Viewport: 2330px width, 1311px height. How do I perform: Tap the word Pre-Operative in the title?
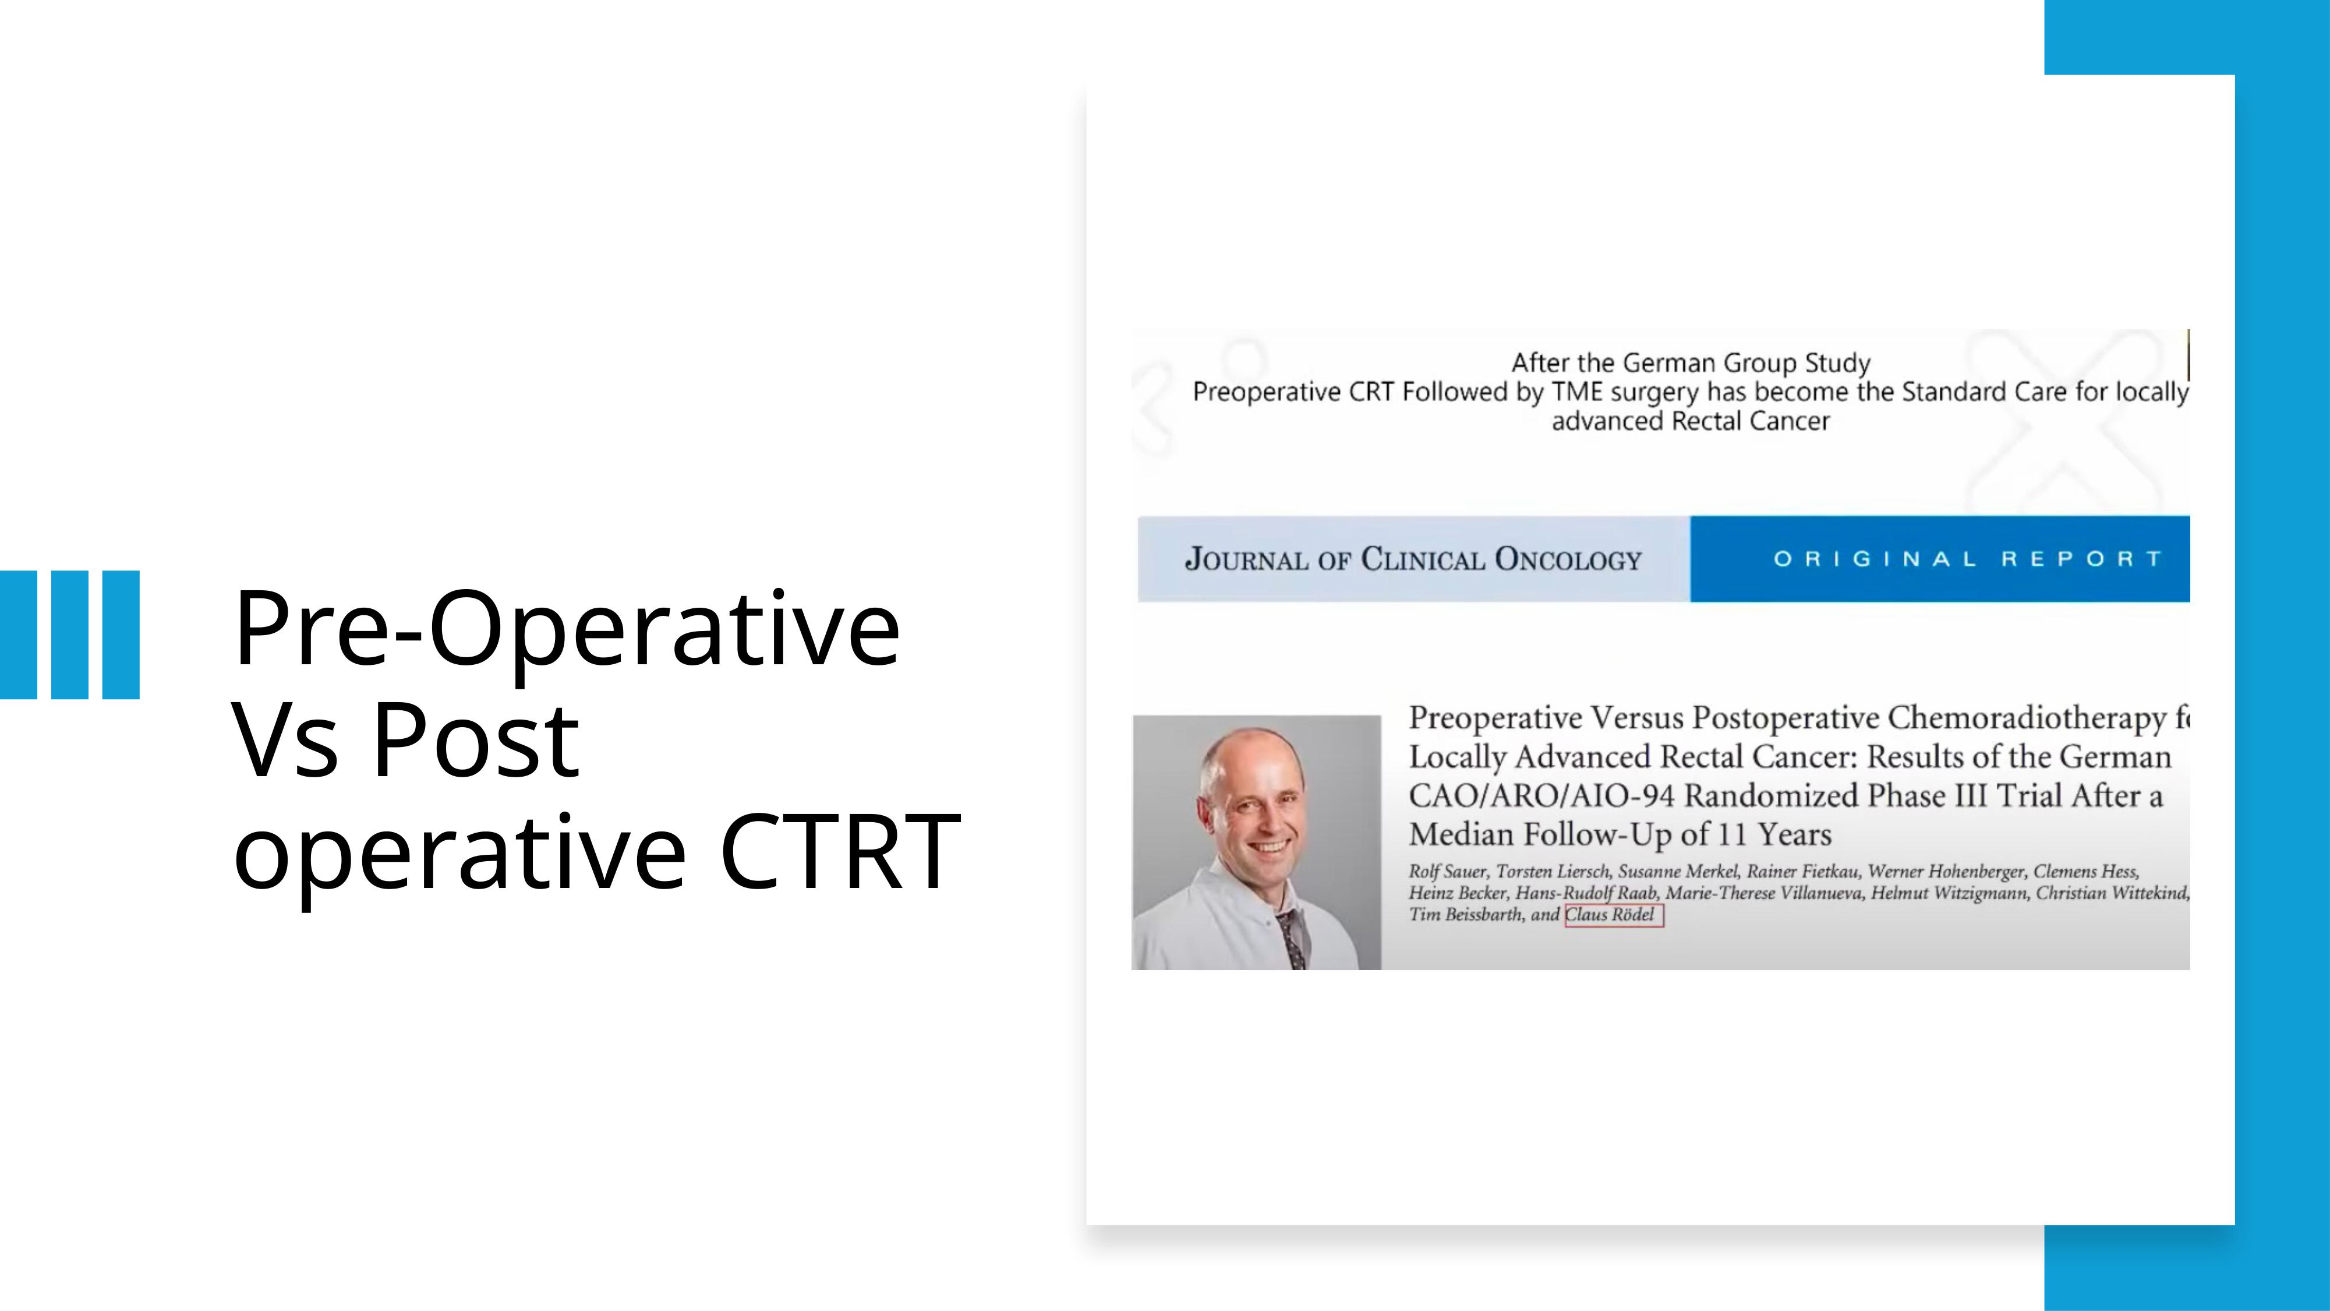(566, 630)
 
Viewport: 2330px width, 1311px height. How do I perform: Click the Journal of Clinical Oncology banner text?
(1413, 559)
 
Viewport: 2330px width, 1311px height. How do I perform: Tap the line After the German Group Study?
(1691, 363)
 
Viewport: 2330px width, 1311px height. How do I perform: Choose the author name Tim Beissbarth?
(1466, 915)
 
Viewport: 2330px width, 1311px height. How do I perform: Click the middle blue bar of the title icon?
(70, 635)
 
